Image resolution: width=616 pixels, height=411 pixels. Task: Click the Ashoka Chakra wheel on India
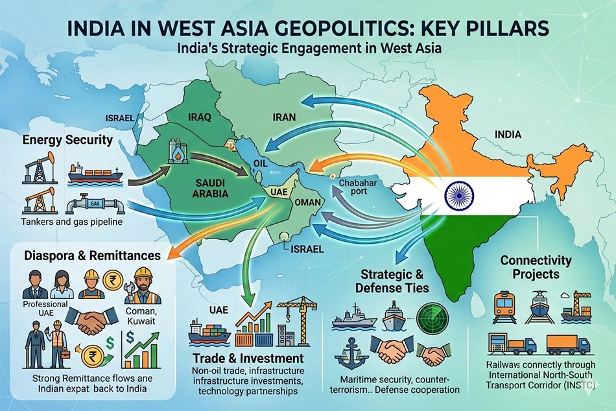tap(459, 193)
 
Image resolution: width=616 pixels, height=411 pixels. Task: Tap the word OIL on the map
tap(260, 163)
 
